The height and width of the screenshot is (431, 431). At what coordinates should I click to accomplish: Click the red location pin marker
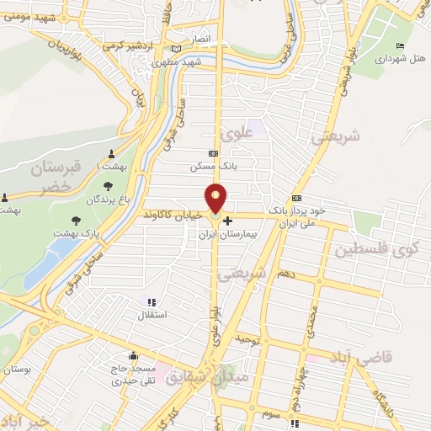click(x=217, y=199)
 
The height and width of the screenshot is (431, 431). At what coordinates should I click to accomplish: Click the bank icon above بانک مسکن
click(x=213, y=154)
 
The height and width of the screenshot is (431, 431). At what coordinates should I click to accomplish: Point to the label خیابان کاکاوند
click(x=172, y=215)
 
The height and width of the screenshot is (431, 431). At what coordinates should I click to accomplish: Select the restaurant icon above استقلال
click(x=152, y=302)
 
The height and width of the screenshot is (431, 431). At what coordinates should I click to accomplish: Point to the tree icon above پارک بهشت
click(x=77, y=220)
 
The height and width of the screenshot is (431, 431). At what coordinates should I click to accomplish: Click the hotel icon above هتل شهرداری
click(x=400, y=45)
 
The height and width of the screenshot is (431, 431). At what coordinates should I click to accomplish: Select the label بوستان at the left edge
click(x=19, y=369)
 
